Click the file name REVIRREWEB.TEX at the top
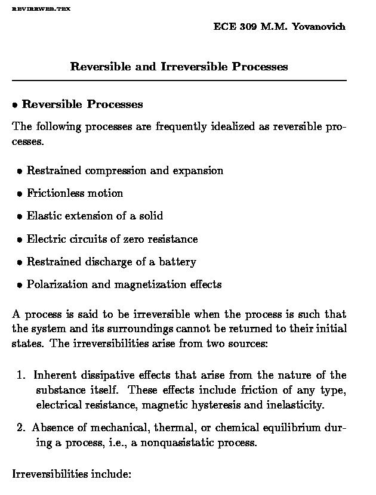(41, 10)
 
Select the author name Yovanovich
(319, 27)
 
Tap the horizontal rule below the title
(179, 80)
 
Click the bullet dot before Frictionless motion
(20, 194)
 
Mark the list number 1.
(21, 375)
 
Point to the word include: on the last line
(110, 475)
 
